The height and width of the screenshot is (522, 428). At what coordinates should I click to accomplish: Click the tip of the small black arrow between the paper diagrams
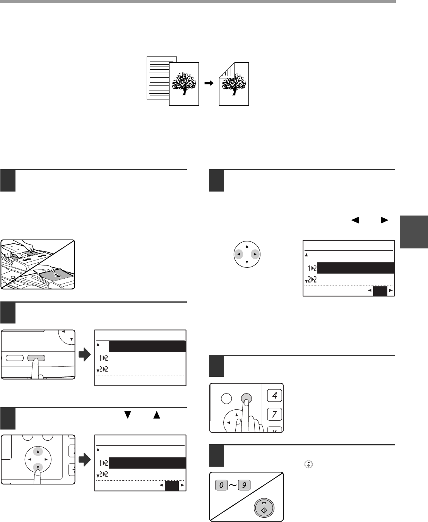(213, 83)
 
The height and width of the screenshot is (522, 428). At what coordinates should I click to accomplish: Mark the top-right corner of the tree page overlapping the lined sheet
(199, 63)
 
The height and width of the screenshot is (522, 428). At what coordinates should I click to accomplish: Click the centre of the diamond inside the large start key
(264, 510)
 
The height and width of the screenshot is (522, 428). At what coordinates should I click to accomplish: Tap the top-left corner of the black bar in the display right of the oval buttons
(109, 341)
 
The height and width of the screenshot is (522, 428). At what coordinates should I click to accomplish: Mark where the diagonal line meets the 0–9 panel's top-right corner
(283, 472)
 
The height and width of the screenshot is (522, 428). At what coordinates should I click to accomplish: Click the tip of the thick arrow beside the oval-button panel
(91, 354)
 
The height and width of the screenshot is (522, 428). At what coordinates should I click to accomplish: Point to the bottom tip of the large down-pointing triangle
(128, 418)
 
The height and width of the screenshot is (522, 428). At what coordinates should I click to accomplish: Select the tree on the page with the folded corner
(234, 84)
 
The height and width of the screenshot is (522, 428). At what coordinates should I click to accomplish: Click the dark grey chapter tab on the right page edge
(414, 232)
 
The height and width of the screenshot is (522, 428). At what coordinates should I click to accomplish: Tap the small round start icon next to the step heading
(308, 464)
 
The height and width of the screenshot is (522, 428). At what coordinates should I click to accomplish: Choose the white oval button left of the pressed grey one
(15, 358)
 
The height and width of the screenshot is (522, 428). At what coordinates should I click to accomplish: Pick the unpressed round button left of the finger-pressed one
(226, 399)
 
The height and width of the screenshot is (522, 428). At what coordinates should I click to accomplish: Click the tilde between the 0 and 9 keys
(233, 485)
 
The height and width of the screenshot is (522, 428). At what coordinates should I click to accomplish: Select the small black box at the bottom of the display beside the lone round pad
(380, 291)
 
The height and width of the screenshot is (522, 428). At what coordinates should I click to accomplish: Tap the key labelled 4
(274, 395)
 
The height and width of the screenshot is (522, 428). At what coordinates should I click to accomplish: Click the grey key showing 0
(221, 485)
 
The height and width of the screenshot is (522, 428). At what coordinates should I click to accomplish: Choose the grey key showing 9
(244, 485)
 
